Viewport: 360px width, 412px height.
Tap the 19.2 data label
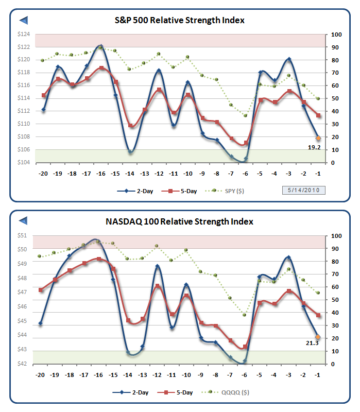(x=315, y=147)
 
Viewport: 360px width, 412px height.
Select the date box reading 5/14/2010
(x=304, y=190)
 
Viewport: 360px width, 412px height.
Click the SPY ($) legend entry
(x=229, y=191)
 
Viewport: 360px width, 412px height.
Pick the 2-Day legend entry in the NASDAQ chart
(x=131, y=392)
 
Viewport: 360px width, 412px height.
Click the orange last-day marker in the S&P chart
(x=318, y=138)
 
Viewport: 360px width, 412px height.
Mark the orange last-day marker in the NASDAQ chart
(x=318, y=337)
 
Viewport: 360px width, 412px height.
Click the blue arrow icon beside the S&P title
(x=23, y=20)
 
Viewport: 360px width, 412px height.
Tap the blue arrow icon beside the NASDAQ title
(x=23, y=221)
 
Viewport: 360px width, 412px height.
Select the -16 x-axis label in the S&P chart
(x=101, y=174)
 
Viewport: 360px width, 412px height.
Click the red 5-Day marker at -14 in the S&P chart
(x=130, y=125)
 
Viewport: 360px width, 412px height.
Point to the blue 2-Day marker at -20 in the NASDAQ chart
(x=40, y=323)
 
